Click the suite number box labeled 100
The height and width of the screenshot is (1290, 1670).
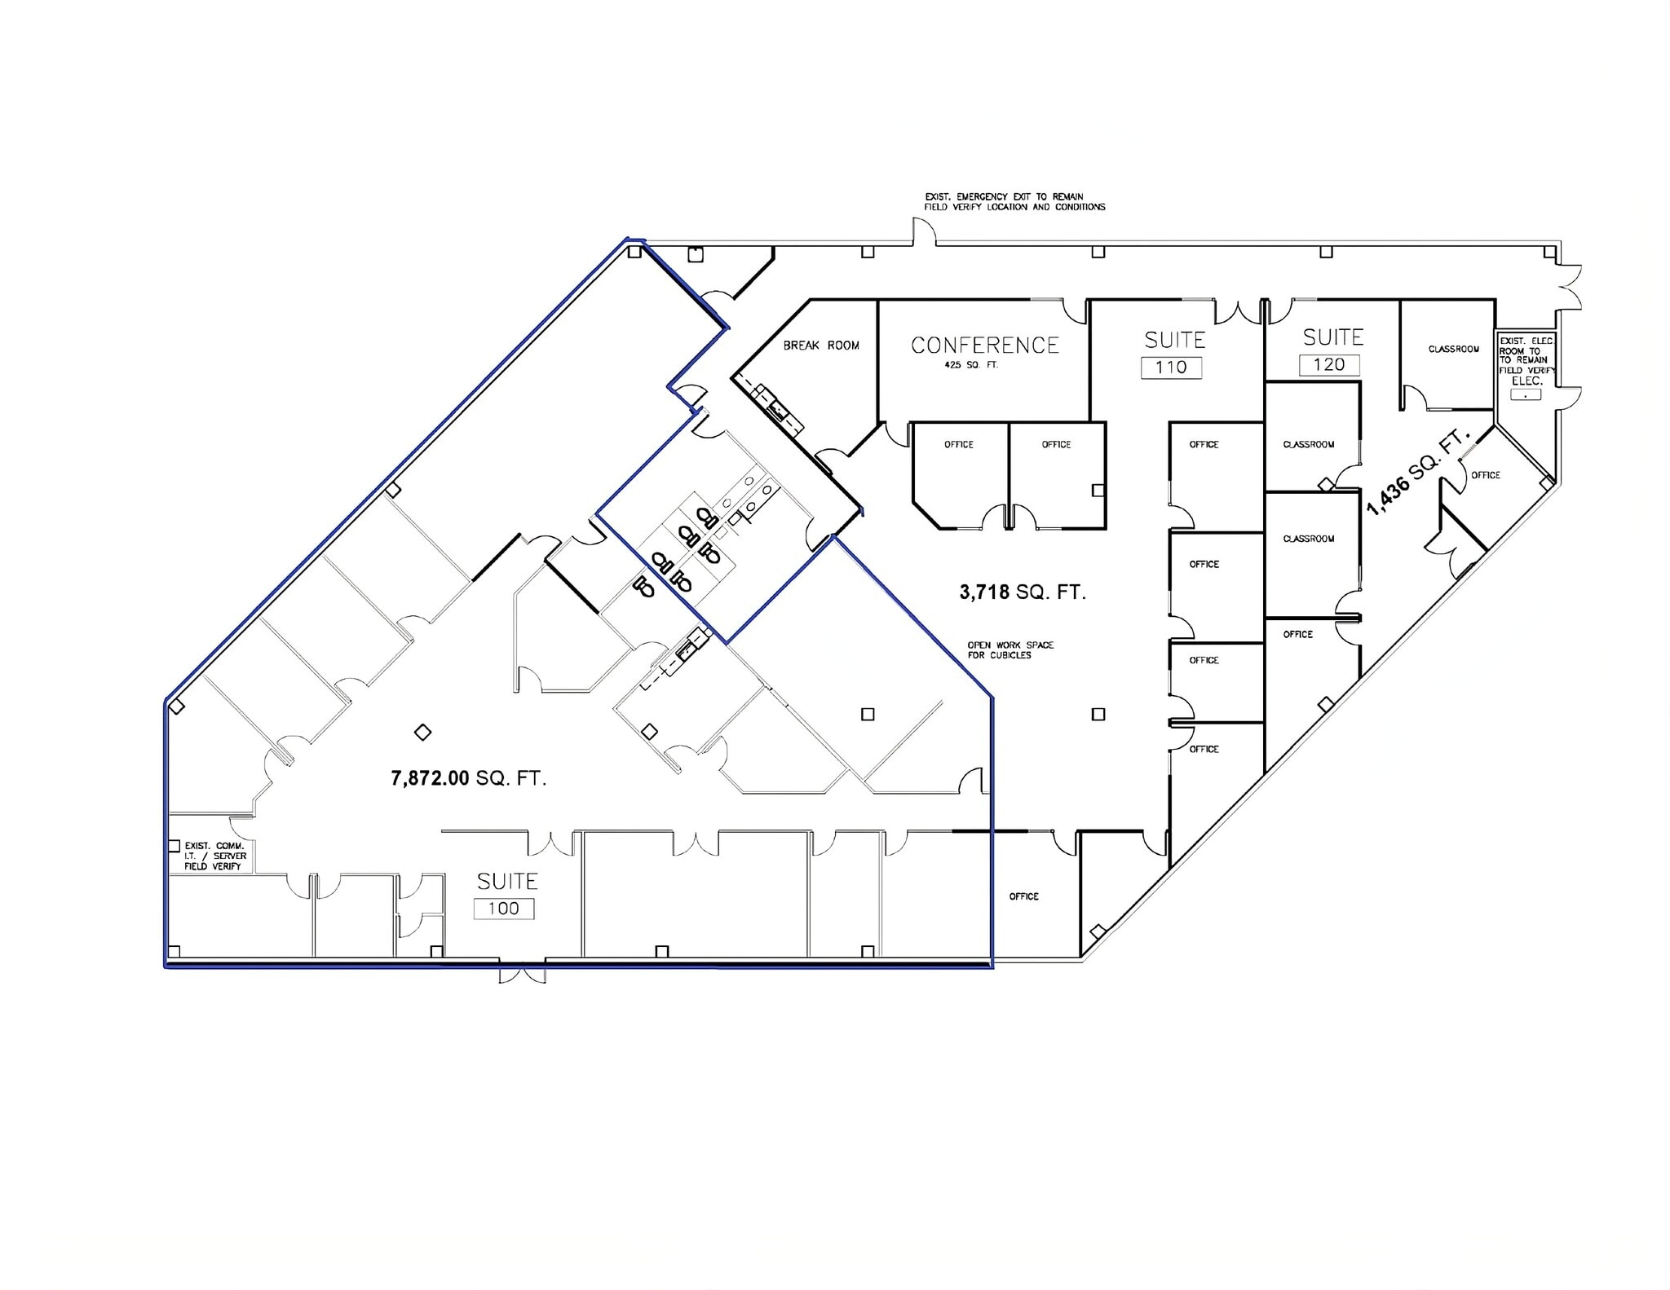(x=504, y=909)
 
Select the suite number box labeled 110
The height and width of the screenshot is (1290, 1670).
(x=1171, y=367)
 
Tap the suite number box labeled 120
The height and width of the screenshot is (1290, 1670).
(x=1329, y=364)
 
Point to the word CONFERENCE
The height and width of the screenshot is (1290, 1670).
(x=985, y=346)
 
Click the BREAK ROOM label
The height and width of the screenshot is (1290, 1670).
(x=821, y=346)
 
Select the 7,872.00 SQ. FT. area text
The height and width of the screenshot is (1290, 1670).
(x=469, y=778)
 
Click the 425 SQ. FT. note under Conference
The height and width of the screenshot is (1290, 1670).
(x=971, y=365)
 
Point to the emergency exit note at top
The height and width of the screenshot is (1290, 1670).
(x=1014, y=202)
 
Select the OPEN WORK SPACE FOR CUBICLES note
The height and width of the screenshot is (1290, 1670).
(x=1010, y=649)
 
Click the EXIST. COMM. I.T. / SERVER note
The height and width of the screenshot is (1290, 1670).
(x=214, y=856)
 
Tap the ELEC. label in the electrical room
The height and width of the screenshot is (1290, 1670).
(x=1526, y=381)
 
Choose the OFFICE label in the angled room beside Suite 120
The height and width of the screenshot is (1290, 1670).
(x=1486, y=475)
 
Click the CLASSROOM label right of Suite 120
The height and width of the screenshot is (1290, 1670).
(x=1454, y=350)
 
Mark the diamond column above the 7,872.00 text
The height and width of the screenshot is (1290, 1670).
(x=422, y=733)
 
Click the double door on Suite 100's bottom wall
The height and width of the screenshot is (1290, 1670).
(x=522, y=973)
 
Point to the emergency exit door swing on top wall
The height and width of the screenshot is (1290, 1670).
(x=924, y=231)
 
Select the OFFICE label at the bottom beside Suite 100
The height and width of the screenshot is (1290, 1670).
(x=1024, y=896)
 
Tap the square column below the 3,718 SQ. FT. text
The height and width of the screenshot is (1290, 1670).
(x=1098, y=715)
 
